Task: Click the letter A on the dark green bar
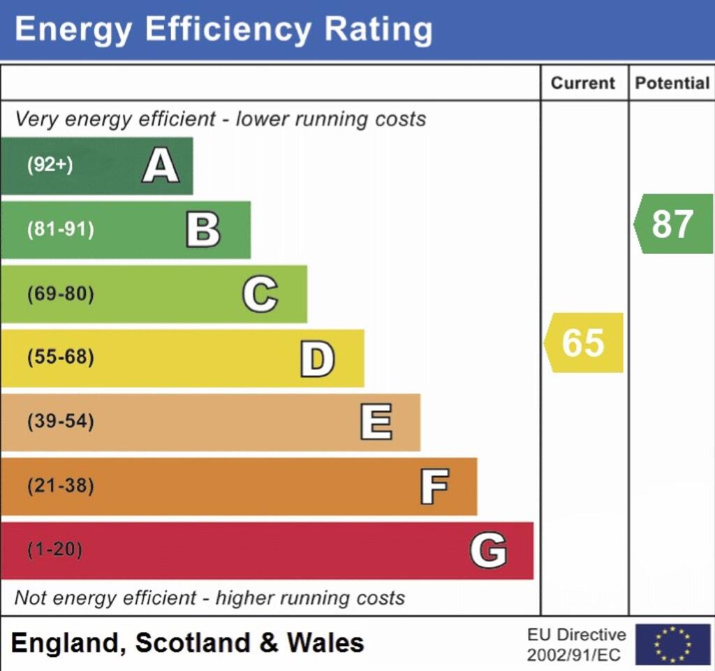(x=161, y=166)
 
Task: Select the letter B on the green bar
(x=203, y=230)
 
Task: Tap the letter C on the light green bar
(x=260, y=294)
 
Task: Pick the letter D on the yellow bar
(x=317, y=358)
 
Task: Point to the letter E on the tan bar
(x=376, y=422)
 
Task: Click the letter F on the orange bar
(x=434, y=487)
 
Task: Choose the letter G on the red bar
(x=488, y=550)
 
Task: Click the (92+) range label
(x=50, y=165)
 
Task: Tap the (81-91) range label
(x=60, y=230)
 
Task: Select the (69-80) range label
(x=60, y=294)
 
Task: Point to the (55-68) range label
(x=60, y=358)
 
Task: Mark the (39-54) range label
(x=60, y=422)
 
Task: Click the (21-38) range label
(x=60, y=486)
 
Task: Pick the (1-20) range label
(x=54, y=550)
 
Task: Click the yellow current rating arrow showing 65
(x=584, y=343)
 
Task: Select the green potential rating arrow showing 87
(x=673, y=224)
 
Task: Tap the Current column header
(x=583, y=83)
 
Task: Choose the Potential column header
(x=672, y=83)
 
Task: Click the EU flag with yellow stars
(x=672, y=644)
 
